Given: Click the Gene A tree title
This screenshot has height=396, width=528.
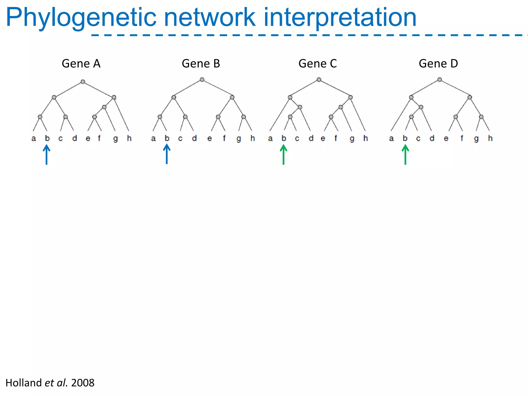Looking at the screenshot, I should coord(81,63).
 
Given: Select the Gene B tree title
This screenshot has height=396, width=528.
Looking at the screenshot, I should coord(201,63).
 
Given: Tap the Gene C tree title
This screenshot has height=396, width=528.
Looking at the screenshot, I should coord(318,63).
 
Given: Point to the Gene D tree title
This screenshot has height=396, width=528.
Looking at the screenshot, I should coord(438,63).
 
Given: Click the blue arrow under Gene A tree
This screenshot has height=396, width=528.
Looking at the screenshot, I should coord(46,155).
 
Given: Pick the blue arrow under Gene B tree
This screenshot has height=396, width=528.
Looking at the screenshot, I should coord(167,154).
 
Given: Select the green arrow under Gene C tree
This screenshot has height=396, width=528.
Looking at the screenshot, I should coord(283,155).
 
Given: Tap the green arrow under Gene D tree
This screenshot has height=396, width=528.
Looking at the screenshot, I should coord(405,155).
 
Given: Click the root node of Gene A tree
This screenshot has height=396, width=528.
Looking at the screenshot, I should coord(83,82).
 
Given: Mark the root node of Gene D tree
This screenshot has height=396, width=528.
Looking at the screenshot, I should coord(440,80).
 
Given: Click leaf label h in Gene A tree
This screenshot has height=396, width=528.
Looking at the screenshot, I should coord(129,138).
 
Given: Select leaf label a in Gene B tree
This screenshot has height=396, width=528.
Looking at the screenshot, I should coord(153,139).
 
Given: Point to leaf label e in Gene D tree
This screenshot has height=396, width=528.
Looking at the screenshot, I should coord(446,139).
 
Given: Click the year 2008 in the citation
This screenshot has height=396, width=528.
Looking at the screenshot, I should coord(83,383).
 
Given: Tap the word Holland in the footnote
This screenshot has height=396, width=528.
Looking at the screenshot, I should coord(23,383).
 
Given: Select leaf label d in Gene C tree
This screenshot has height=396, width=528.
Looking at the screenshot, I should coord(311,138).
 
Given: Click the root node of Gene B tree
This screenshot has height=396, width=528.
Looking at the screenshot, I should coord(202,80).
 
